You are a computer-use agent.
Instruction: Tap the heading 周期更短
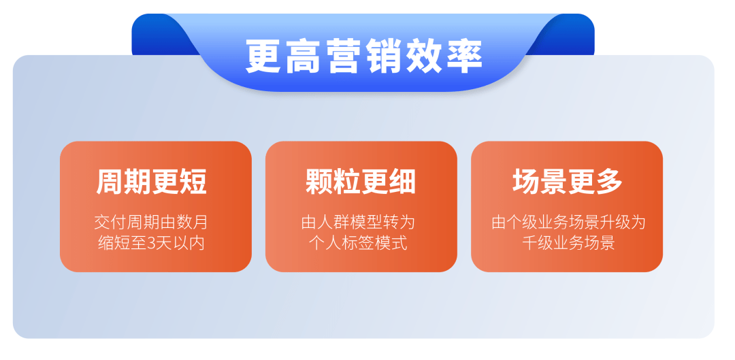(151, 182)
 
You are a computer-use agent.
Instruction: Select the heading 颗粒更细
(361, 182)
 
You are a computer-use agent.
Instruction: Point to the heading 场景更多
(567, 182)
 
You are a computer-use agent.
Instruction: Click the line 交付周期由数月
(151, 222)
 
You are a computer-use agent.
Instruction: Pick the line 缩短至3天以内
(151, 243)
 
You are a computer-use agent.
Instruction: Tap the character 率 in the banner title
(464, 56)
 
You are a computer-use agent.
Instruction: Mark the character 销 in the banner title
(383, 56)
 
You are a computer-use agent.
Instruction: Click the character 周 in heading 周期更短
(110, 182)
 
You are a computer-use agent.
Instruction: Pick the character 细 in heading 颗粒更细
(402, 182)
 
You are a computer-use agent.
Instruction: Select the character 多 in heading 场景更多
(609, 182)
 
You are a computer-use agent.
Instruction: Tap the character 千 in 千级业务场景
(529, 244)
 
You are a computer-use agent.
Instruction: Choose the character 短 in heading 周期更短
(193, 182)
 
